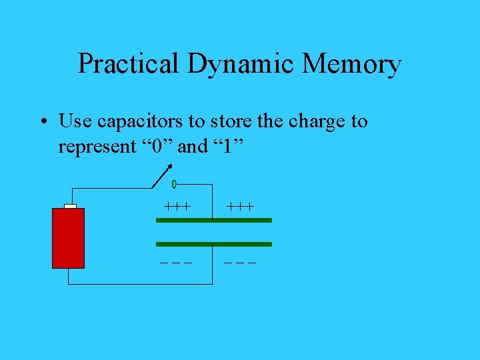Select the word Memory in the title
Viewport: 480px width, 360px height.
pyautogui.click(x=351, y=64)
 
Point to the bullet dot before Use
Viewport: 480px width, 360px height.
pyautogui.click(x=43, y=122)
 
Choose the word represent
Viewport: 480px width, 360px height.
pyautogui.click(x=97, y=147)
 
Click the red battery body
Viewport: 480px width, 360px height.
pyautogui.click(x=69, y=238)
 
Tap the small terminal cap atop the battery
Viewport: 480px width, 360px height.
pyautogui.click(x=70, y=206)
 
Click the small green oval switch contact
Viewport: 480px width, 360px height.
pyautogui.click(x=174, y=183)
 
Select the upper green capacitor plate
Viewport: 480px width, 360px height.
pyautogui.click(x=214, y=219)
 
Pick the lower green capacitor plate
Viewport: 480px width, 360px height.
pyautogui.click(x=214, y=244)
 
